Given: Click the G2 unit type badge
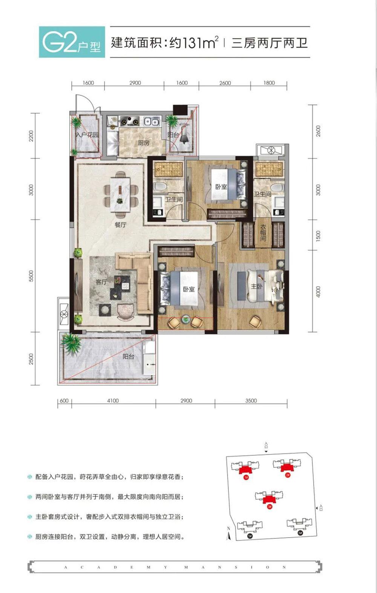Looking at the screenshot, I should (72, 42).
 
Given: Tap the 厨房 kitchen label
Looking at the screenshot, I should (144, 143).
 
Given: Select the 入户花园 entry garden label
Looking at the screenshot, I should (87, 134).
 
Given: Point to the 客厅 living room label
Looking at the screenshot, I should (101, 282).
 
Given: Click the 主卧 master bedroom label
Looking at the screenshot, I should (256, 286).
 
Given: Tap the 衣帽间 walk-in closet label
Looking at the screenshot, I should (263, 233).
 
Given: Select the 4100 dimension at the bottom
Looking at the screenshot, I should (113, 401).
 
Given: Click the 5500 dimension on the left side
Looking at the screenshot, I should (31, 275).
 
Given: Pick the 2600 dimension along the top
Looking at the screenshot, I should (225, 83).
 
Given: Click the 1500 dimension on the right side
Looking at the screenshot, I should (319, 235).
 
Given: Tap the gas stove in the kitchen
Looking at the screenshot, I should (129, 121).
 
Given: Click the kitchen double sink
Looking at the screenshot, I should (151, 121).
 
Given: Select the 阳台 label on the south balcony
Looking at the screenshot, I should (128, 356).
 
